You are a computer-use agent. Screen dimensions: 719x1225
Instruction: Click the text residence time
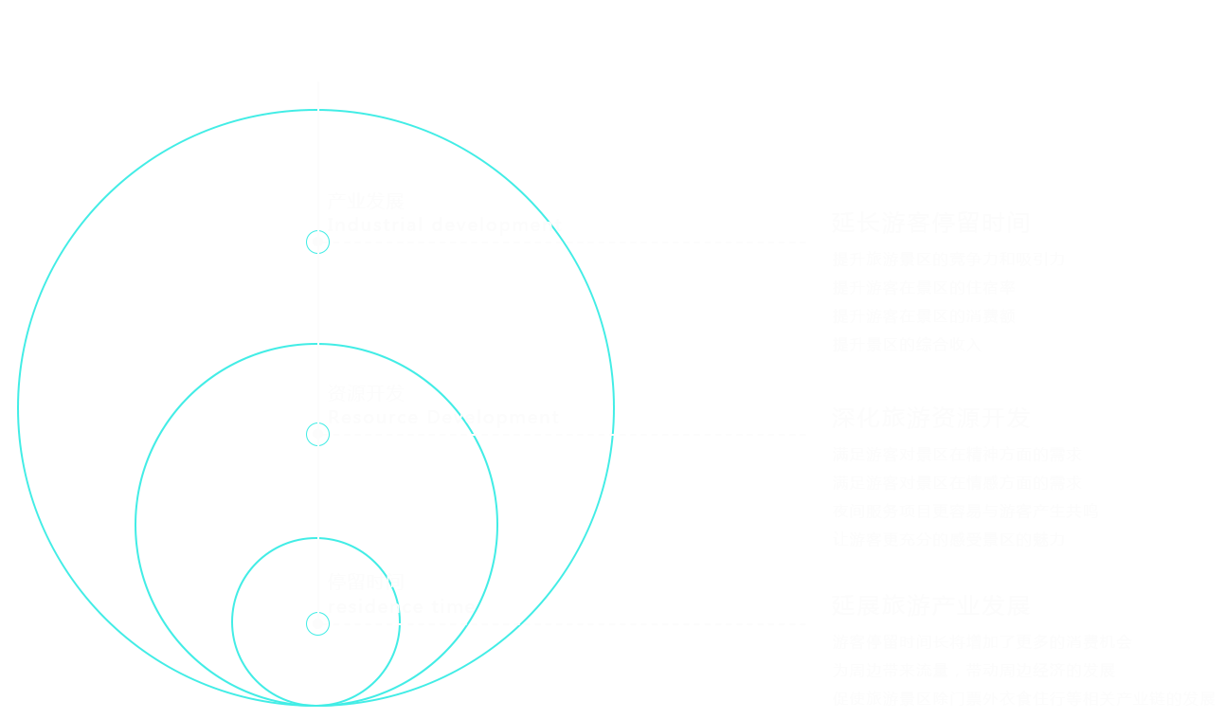click(402, 607)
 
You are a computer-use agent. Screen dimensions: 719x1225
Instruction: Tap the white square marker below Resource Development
click(317, 435)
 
